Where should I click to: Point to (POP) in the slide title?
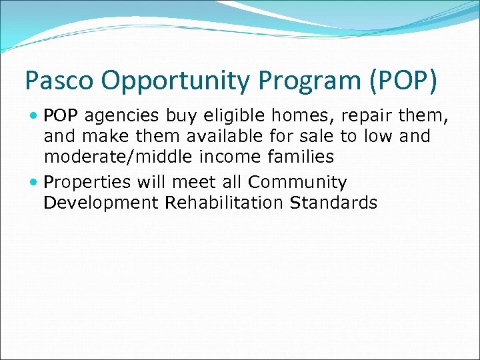point(402,81)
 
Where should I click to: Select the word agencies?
point(122,117)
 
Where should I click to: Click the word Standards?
point(334,203)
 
